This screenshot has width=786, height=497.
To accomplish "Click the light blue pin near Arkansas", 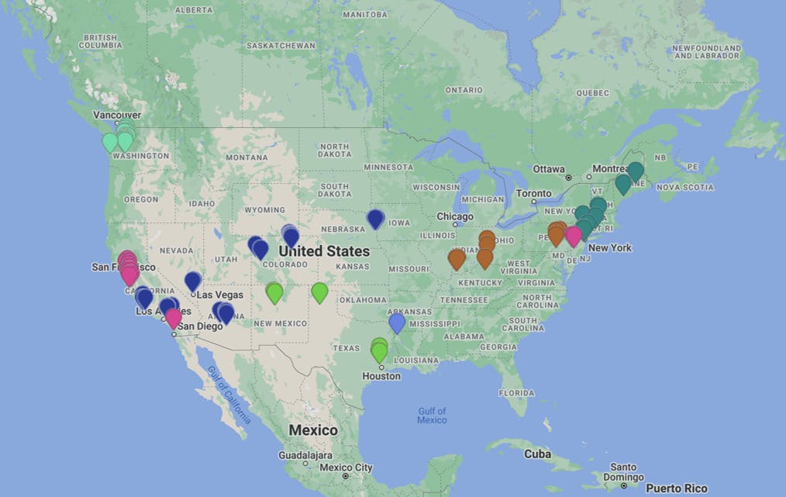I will click(397, 322).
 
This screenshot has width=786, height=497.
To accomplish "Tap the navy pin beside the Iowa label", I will click(375, 218).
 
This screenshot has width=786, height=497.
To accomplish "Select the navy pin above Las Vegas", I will click(193, 281).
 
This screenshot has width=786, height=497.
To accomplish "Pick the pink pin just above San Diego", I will click(174, 316).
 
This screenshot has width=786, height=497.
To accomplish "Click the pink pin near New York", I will click(573, 235).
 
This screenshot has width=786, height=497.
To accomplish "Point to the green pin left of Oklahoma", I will click(319, 292).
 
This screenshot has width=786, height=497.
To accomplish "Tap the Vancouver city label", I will click(117, 115).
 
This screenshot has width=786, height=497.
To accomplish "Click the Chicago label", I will click(454, 216).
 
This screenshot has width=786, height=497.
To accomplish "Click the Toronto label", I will click(533, 193).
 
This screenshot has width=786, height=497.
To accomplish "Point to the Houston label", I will click(381, 376).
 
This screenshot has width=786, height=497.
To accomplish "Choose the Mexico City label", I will click(346, 468).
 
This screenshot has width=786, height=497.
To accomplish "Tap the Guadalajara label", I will click(305, 455).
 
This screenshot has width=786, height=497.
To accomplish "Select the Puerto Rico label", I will click(676, 488).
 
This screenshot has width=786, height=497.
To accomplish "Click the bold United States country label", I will click(324, 251).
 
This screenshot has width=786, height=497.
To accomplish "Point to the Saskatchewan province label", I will click(281, 46).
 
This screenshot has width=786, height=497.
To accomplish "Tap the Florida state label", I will click(516, 392).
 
